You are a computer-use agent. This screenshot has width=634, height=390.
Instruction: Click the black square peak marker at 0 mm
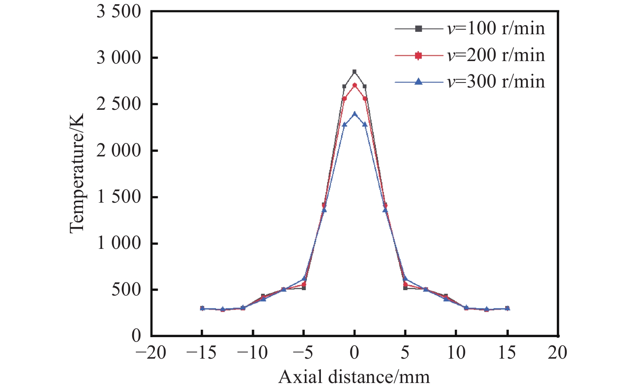tap(354, 72)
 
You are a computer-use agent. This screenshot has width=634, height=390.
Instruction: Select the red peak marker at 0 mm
tap(354, 85)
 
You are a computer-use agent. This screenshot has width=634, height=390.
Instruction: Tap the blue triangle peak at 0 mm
tap(354, 113)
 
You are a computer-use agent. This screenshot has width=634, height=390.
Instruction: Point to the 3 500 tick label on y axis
tap(119, 12)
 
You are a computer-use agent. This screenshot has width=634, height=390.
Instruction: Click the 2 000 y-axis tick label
tap(119, 151)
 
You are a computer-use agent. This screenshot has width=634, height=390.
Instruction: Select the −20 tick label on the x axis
tap(151, 353)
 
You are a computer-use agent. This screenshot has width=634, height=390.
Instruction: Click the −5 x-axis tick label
tap(304, 353)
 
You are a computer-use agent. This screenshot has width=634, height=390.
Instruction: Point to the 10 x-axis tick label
tap(456, 353)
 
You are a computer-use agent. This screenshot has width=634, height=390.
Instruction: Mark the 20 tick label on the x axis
tap(558, 353)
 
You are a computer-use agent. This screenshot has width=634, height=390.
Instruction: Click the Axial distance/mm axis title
tap(354, 377)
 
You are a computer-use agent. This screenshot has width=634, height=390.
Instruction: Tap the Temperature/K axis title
tap(77, 173)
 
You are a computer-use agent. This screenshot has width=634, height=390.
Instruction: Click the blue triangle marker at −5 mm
tap(304, 279)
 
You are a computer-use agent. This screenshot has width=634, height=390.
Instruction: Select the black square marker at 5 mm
tap(405, 288)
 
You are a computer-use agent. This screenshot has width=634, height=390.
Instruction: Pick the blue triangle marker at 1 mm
tap(365, 124)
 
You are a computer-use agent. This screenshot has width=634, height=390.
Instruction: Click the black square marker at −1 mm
tap(344, 86)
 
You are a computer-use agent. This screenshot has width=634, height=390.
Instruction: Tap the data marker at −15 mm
tap(202, 308)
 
